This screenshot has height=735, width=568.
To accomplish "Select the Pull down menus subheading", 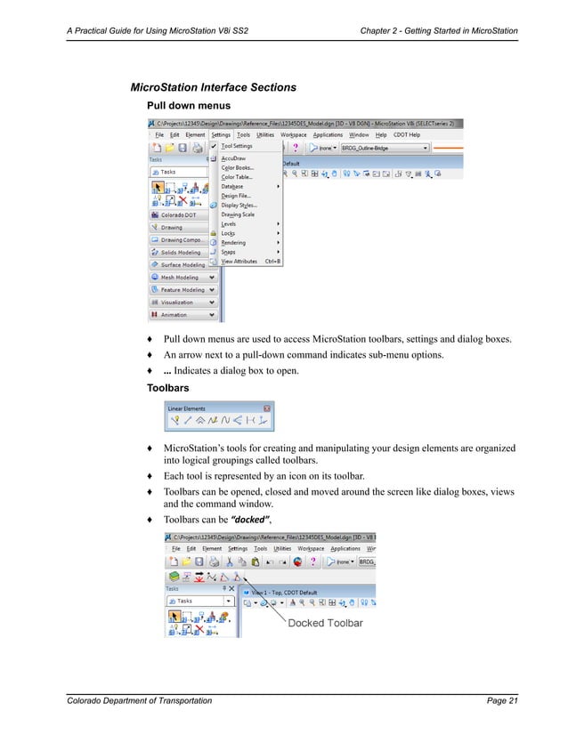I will click(183, 105).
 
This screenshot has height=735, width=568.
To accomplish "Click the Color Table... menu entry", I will click(237, 176).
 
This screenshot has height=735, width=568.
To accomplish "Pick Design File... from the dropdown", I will click(236, 195).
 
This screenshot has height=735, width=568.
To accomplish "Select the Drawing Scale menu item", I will click(238, 214).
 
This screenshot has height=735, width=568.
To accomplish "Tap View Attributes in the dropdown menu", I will click(239, 262).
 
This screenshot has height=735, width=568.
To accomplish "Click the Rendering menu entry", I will click(233, 243).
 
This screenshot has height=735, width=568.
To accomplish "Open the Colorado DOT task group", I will click(181, 214).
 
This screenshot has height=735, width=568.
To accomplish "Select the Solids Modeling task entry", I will click(181, 252).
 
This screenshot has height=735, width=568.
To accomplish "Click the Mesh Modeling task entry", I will click(180, 277).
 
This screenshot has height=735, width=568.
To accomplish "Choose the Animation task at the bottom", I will click(174, 314).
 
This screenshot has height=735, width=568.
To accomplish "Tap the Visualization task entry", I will click(177, 302).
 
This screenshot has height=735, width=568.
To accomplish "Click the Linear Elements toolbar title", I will click(187, 408).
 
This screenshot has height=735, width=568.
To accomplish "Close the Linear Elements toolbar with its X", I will click(267, 408).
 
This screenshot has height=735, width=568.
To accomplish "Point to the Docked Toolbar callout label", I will click(325, 623).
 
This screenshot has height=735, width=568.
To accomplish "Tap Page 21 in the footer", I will click(502, 701).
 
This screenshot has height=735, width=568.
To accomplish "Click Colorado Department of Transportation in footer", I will click(140, 701).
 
